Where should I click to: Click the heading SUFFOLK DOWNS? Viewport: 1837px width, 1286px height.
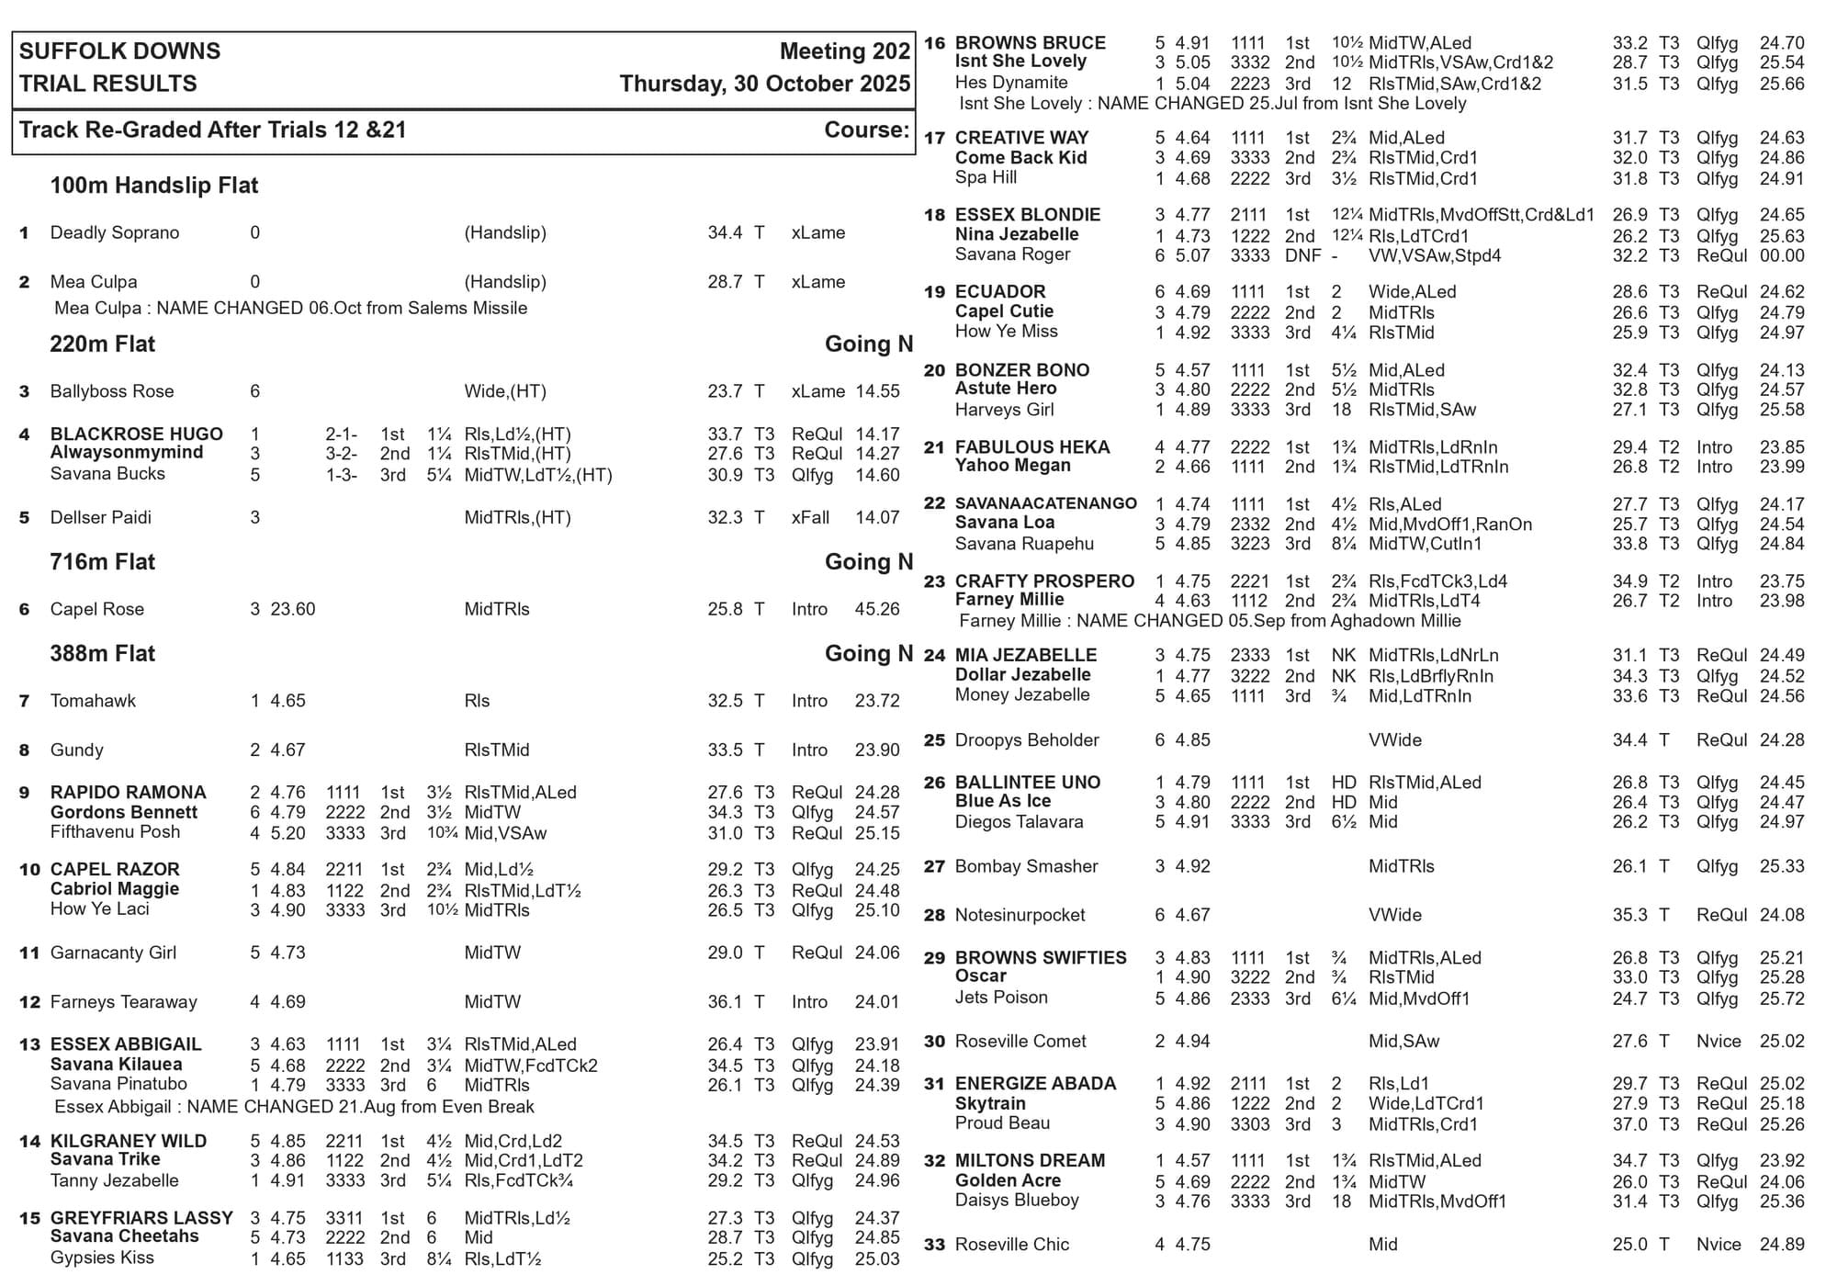tap(119, 51)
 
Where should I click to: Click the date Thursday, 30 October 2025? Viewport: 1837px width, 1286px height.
tap(764, 84)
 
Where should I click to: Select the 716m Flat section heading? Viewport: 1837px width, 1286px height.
tap(102, 562)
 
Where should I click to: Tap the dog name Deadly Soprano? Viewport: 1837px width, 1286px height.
tap(114, 232)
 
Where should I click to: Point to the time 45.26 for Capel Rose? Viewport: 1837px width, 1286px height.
tap(877, 609)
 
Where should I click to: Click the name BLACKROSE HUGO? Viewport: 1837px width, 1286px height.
tap(136, 434)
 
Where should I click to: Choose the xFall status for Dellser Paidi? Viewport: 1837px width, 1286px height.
tap(810, 517)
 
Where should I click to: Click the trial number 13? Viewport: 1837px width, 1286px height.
tap(29, 1044)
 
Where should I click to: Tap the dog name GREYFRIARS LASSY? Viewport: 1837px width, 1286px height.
tap(141, 1218)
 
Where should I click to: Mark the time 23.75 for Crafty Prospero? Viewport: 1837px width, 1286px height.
tap(1782, 581)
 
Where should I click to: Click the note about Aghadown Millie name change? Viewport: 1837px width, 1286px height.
tap(1210, 621)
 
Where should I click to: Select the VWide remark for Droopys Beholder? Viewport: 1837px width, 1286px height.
tap(1394, 740)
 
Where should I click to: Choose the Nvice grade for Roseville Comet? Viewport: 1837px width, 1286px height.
tap(1719, 1042)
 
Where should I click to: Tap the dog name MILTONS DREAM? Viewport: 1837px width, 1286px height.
tap(1030, 1161)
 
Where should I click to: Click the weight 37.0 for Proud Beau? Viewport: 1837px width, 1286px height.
tap(1629, 1124)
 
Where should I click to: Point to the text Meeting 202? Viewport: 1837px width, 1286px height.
tap(844, 51)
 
